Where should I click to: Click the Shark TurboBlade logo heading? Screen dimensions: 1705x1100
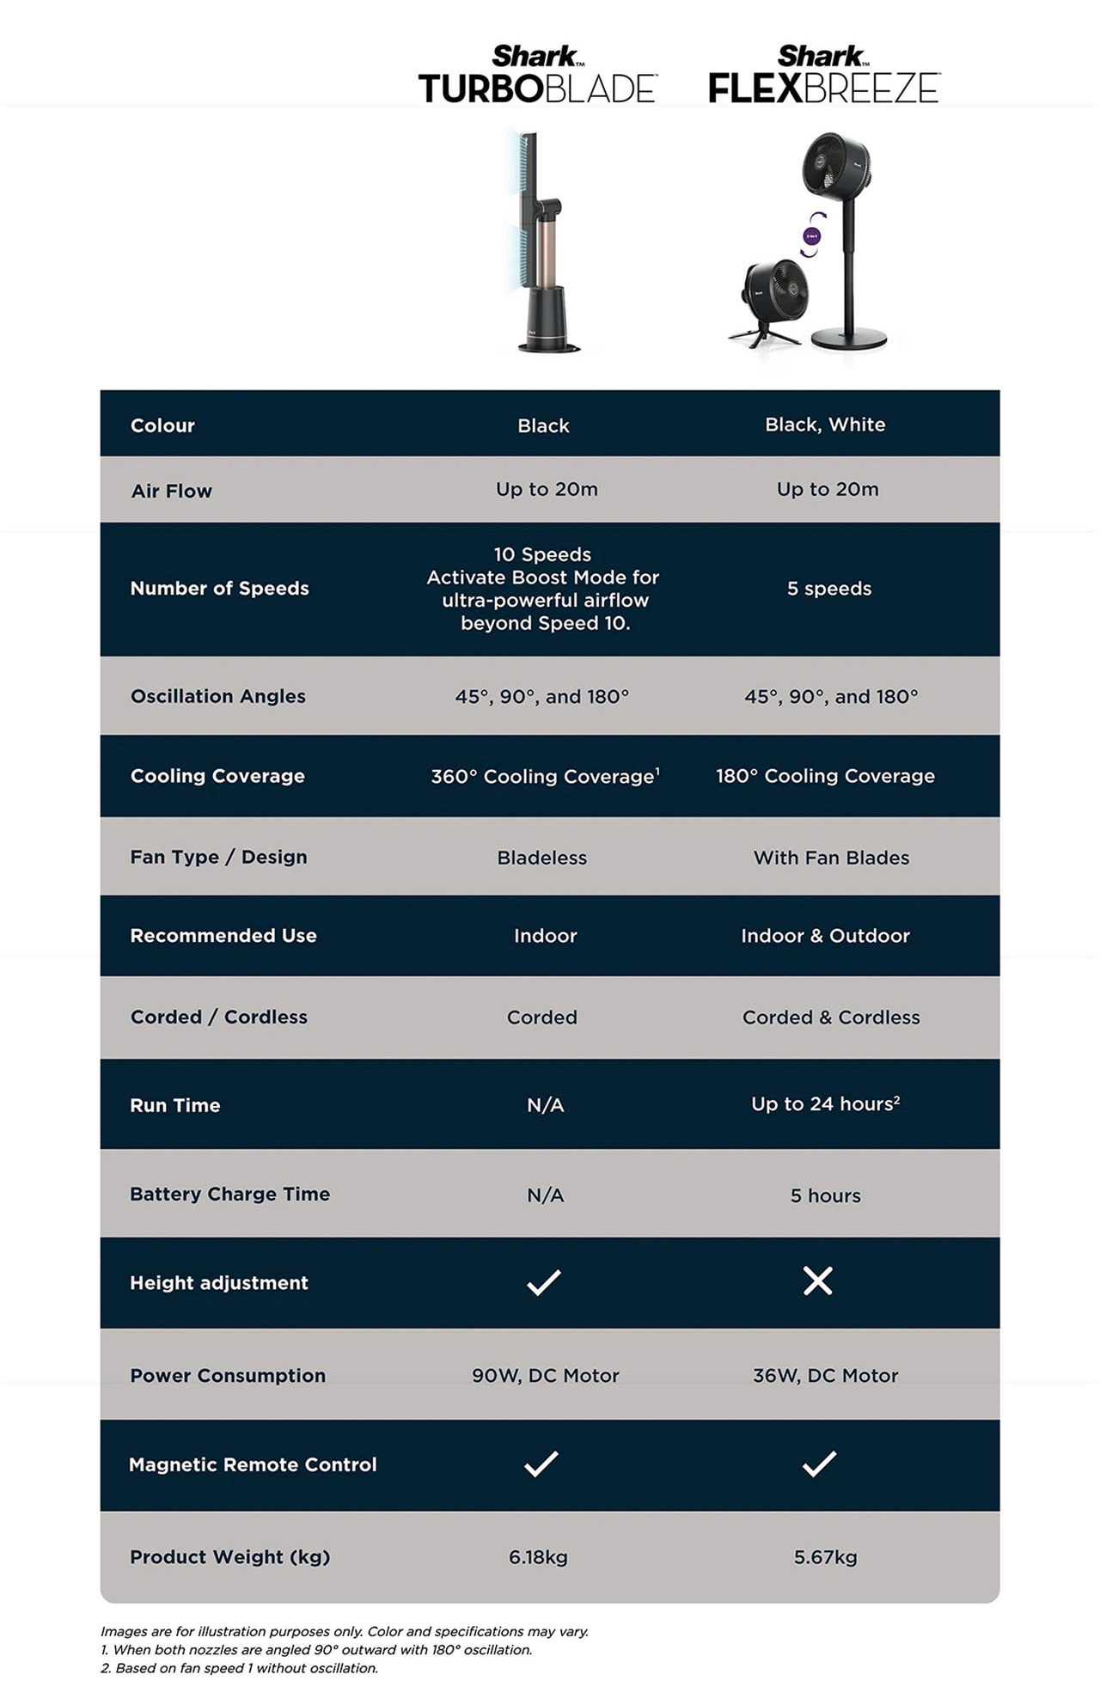(x=537, y=76)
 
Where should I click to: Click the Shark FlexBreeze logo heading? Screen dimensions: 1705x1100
(x=823, y=76)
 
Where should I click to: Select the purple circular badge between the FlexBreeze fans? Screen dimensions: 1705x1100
(x=811, y=235)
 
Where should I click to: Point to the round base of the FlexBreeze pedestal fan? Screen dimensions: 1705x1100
(x=848, y=338)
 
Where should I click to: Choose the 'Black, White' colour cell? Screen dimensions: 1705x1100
(x=825, y=425)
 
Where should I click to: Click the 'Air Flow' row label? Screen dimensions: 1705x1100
(x=171, y=491)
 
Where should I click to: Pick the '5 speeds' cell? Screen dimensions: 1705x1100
(x=828, y=589)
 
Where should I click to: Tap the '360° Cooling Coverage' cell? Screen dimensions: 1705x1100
(x=545, y=776)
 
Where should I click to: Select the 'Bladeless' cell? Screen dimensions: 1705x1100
(x=541, y=858)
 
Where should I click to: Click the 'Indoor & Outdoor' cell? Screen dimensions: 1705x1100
(x=825, y=936)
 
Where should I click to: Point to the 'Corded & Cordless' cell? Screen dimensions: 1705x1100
(x=830, y=1017)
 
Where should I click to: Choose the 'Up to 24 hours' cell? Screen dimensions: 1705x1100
(x=825, y=1104)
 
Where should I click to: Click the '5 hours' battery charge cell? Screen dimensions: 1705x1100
(x=825, y=1195)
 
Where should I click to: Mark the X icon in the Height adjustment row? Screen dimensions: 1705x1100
(x=817, y=1281)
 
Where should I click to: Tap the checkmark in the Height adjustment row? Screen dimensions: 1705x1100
(x=543, y=1282)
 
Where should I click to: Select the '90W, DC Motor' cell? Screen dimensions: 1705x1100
(x=545, y=1376)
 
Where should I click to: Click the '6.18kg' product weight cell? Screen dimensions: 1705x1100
(x=538, y=1557)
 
